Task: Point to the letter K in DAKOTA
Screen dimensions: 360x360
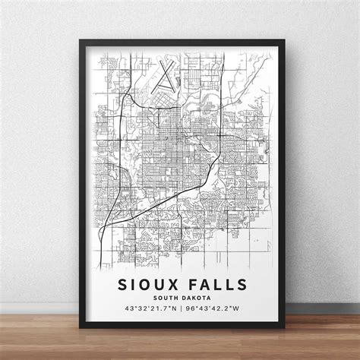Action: (x=195, y=298)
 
